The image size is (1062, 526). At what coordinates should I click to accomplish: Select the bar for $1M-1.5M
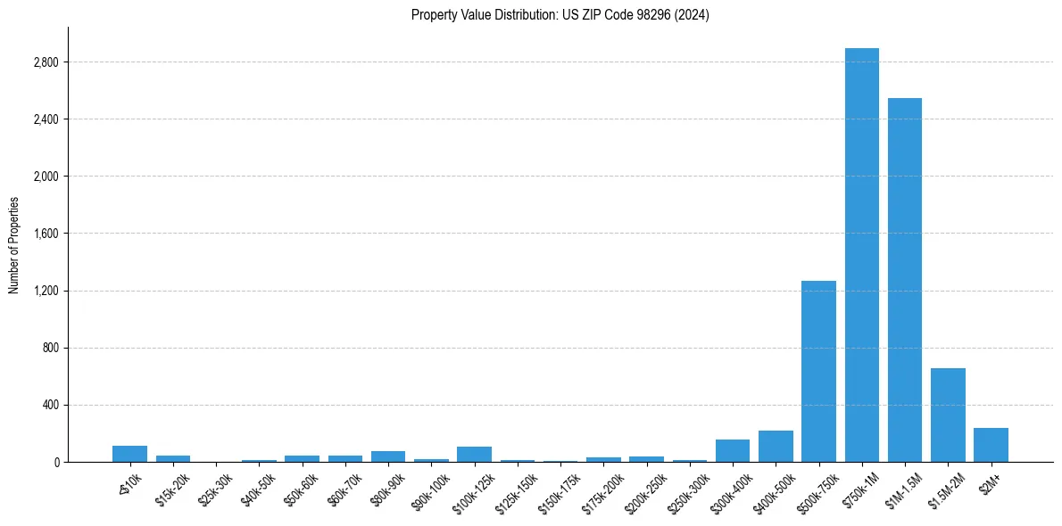tap(904, 280)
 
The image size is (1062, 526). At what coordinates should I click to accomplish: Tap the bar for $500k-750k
tap(818, 371)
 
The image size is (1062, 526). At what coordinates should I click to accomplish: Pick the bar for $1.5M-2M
tap(948, 415)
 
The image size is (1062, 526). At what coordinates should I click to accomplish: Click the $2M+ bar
tap(991, 445)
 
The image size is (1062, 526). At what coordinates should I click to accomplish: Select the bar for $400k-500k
tap(776, 447)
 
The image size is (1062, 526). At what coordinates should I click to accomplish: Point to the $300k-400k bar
tap(733, 451)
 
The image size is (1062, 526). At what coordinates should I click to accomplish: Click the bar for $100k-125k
tap(474, 455)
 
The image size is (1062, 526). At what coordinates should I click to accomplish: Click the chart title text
tap(560, 15)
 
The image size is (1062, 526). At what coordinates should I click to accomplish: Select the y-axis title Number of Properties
tap(14, 244)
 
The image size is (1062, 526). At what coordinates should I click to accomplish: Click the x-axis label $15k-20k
tap(173, 488)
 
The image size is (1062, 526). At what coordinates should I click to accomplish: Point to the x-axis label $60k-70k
tap(345, 488)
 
